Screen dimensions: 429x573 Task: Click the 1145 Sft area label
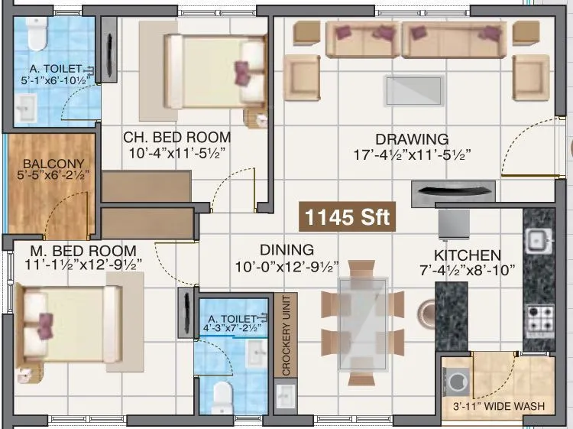point(347,217)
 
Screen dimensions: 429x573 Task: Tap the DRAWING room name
point(411,139)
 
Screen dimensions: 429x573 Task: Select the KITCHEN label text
point(468,255)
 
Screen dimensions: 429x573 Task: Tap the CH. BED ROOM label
point(177,138)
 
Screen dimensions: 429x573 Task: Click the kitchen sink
point(539,241)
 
